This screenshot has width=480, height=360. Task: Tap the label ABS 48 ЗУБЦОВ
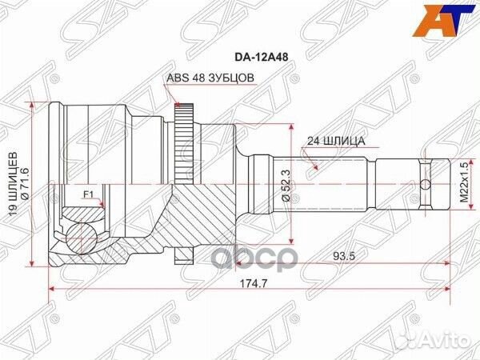pos(210,78)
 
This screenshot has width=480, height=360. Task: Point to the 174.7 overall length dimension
pos(246,303)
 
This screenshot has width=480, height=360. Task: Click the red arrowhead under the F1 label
pos(104,205)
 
